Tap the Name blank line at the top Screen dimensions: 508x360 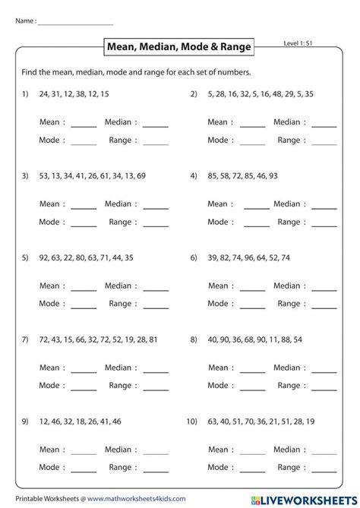coord(75,22)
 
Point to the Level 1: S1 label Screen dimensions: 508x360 coord(298,46)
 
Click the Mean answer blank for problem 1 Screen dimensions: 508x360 coord(84,124)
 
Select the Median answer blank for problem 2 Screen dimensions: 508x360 coord(324,124)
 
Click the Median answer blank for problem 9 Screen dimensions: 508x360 coord(156,452)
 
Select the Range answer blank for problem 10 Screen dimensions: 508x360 coord(324,470)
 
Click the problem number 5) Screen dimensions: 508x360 coord(25,257)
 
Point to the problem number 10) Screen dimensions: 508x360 coord(191,421)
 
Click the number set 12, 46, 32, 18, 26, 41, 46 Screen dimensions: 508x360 coord(78,421)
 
